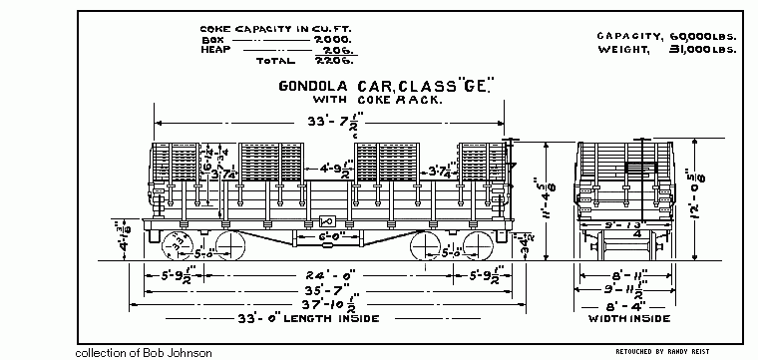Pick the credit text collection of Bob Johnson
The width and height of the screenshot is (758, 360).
tap(144, 352)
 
